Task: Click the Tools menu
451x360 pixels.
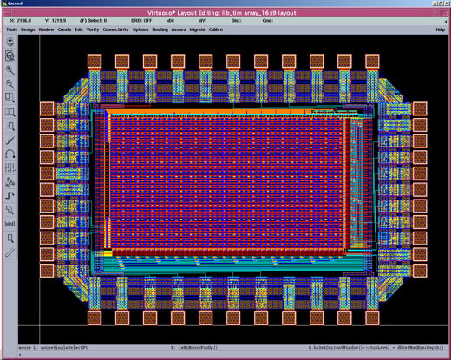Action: [11, 29]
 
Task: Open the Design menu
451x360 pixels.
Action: [28, 29]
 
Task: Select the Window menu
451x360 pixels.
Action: [47, 29]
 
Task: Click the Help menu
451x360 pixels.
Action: [440, 29]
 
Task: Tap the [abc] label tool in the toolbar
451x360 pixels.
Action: [10, 224]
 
